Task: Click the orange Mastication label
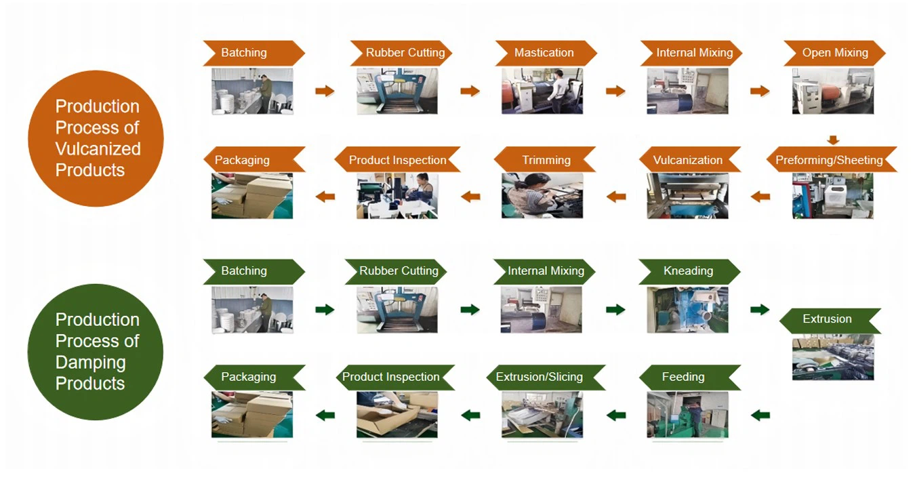[x=544, y=53]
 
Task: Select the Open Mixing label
[x=835, y=53]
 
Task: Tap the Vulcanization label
[x=688, y=161]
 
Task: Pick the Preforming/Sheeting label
[x=830, y=161]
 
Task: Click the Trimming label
[x=546, y=161]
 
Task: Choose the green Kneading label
[x=688, y=271]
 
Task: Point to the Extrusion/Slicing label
[x=540, y=377]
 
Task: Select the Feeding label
[x=683, y=377]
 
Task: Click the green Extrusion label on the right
[x=827, y=319]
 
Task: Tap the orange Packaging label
[x=242, y=161]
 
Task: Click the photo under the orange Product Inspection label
[x=397, y=197]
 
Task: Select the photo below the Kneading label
[x=687, y=310]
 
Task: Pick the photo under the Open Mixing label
[x=833, y=91]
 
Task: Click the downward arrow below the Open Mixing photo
[x=833, y=140]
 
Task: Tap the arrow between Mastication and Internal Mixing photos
[x=615, y=91]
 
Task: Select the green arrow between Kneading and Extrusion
[x=760, y=310]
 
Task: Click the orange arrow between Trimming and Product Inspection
[x=470, y=197]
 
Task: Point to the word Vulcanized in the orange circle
[x=98, y=149]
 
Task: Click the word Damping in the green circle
[x=90, y=362]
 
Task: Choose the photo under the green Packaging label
[x=252, y=414]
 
